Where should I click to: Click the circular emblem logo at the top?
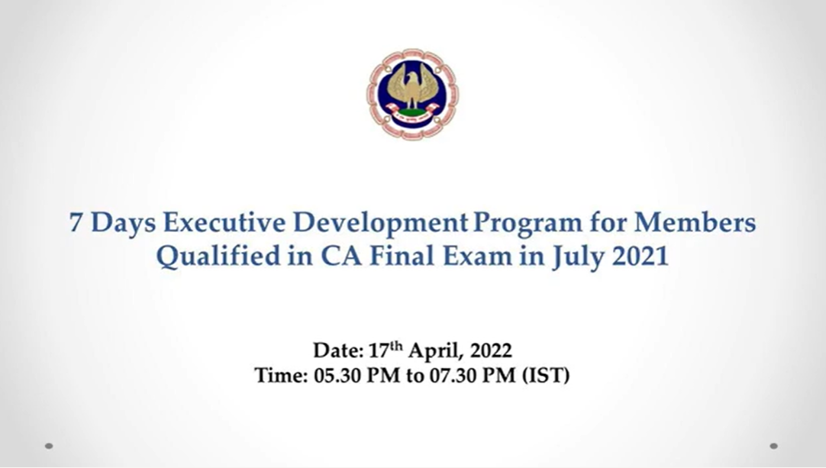tap(412, 95)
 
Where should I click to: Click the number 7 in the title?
tap(76, 222)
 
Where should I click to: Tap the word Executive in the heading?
tap(224, 222)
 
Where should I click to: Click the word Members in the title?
tap(695, 222)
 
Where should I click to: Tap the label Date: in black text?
tap(339, 350)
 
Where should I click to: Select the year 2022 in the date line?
tap(491, 351)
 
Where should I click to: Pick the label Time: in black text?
tap(281, 376)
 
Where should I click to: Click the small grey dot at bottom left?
tap(49, 446)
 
